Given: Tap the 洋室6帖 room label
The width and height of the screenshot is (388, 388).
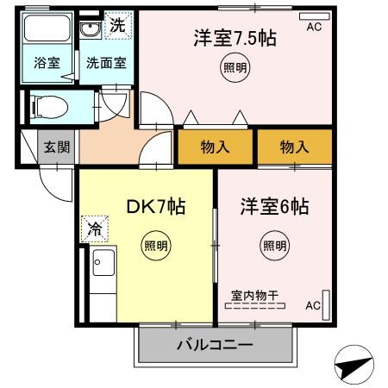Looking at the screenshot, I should pyautogui.click(x=274, y=207).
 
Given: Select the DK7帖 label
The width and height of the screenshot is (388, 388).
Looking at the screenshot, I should pyautogui.click(x=156, y=207).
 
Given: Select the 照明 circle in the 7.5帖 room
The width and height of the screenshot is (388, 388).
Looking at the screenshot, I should pyautogui.click(x=234, y=69).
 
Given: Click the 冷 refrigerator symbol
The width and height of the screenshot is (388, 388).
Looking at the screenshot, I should pyautogui.click(x=92, y=229).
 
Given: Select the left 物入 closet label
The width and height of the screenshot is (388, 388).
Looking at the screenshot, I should pyautogui.click(x=215, y=147).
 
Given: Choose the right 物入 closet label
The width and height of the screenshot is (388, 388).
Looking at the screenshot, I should pyautogui.click(x=294, y=147).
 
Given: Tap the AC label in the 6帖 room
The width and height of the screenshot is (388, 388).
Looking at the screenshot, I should pyautogui.click(x=313, y=305).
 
